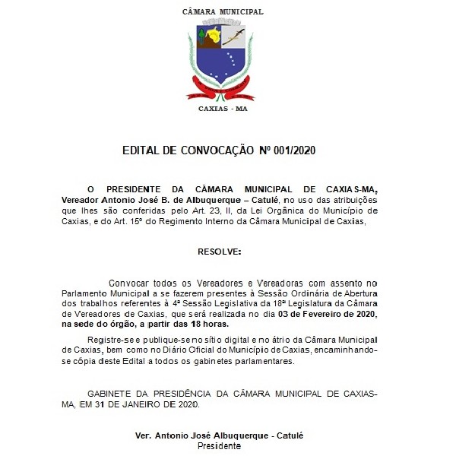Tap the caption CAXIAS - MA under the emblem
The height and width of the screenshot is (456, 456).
tap(223, 109)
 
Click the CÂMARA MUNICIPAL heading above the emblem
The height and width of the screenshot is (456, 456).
tap(223, 12)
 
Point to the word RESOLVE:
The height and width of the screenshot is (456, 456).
tap(219, 250)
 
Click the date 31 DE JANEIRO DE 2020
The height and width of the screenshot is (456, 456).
tap(156, 404)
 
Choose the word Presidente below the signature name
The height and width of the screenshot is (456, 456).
tap(219, 446)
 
